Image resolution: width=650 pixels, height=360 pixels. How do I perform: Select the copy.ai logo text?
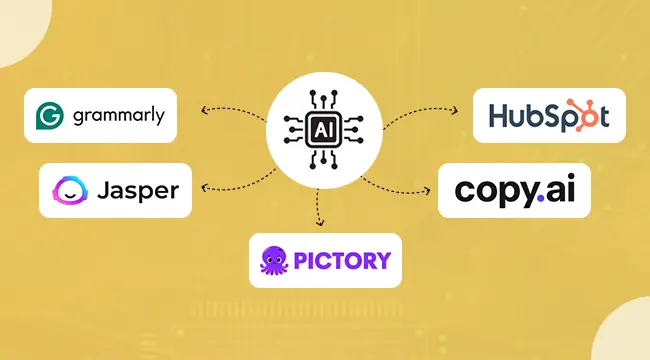pyautogui.click(x=513, y=190)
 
